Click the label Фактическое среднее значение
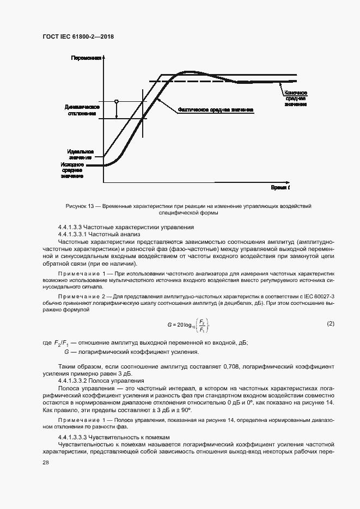[x=215, y=109]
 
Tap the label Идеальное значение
[x=80, y=154]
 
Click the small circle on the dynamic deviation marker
[x=116, y=101]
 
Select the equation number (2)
[x=330, y=323]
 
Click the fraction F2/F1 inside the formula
[x=202, y=326]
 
